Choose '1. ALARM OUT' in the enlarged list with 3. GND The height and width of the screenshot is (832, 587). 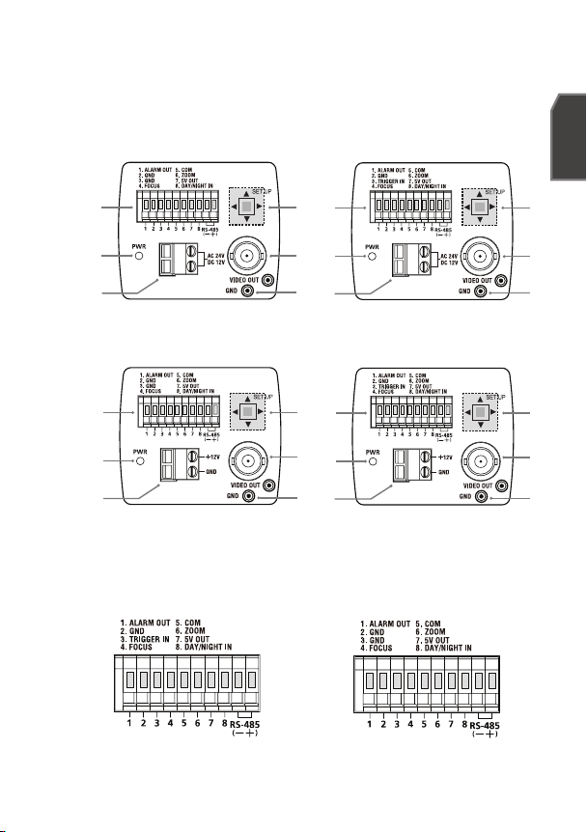pyautogui.click(x=377, y=626)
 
